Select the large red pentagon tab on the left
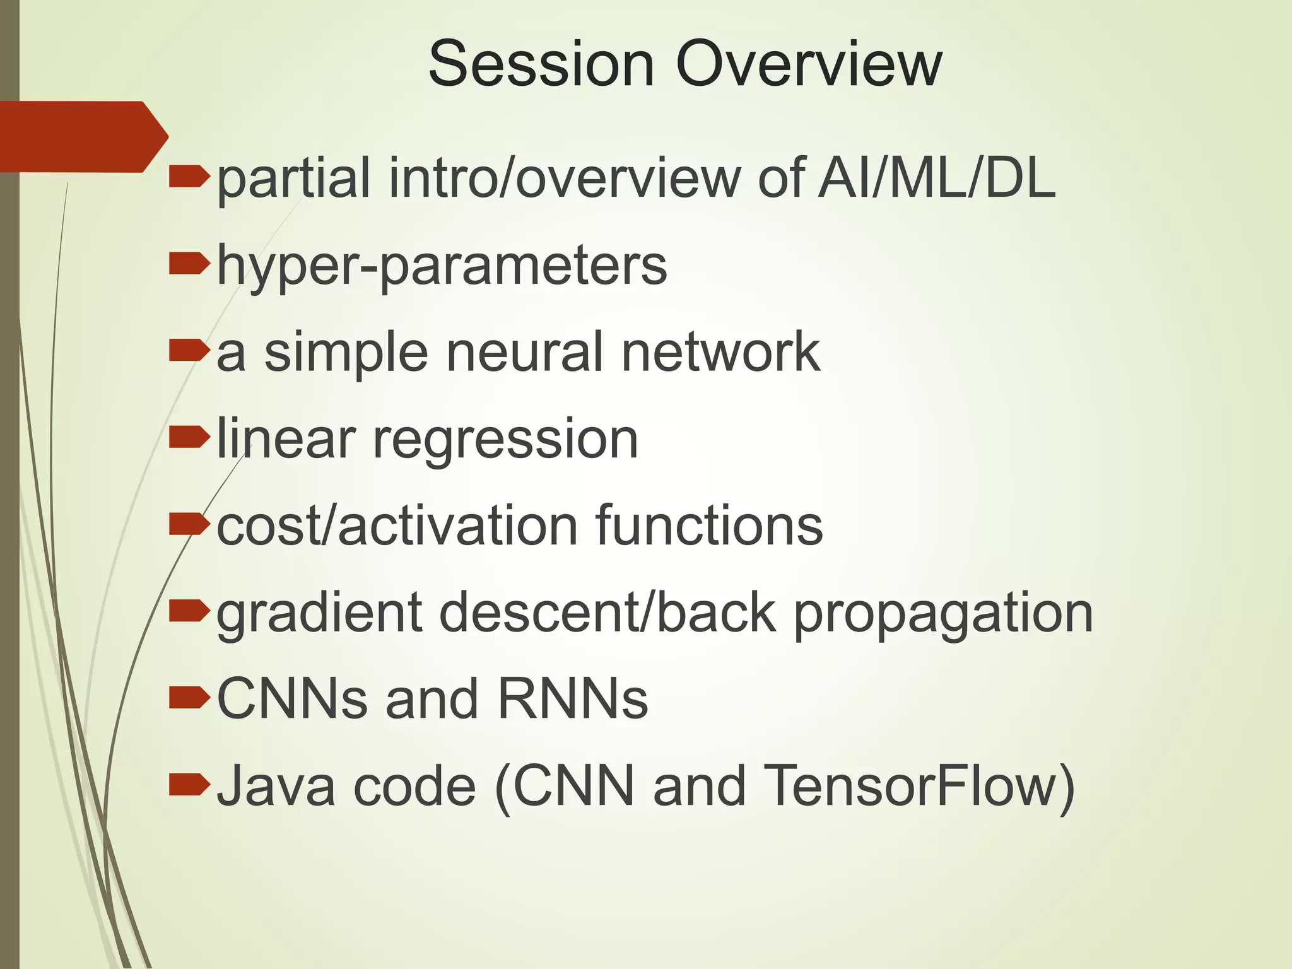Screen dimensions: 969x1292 coord(82,136)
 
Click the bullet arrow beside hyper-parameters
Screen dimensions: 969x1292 coord(189,264)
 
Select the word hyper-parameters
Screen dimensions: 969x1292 coord(442,267)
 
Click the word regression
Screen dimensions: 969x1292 coord(505,440)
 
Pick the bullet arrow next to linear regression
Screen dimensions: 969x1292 coord(189,437)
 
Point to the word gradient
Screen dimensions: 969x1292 coord(319,614)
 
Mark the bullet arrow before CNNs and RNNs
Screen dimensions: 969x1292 coord(189,698)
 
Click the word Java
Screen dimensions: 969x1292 coord(275,786)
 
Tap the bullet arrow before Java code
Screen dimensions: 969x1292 coord(189,784)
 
